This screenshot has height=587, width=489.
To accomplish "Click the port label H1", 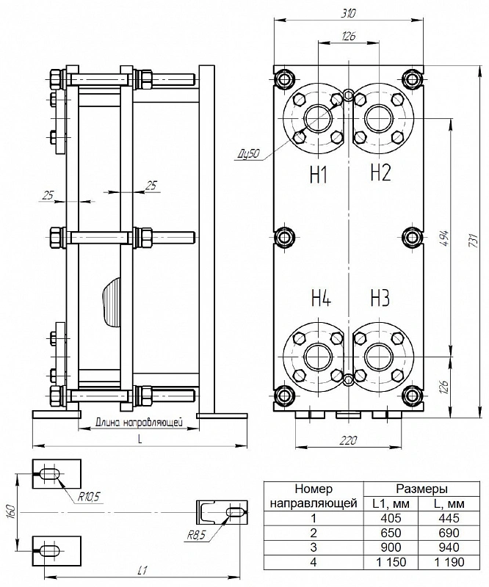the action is [x=319, y=175].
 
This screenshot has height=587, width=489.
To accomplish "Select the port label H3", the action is [x=380, y=298].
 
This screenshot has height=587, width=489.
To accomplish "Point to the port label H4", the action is [x=321, y=298].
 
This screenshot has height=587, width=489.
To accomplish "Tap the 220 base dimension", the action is [x=348, y=440].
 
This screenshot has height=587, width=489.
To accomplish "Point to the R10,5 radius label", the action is [x=88, y=497].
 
